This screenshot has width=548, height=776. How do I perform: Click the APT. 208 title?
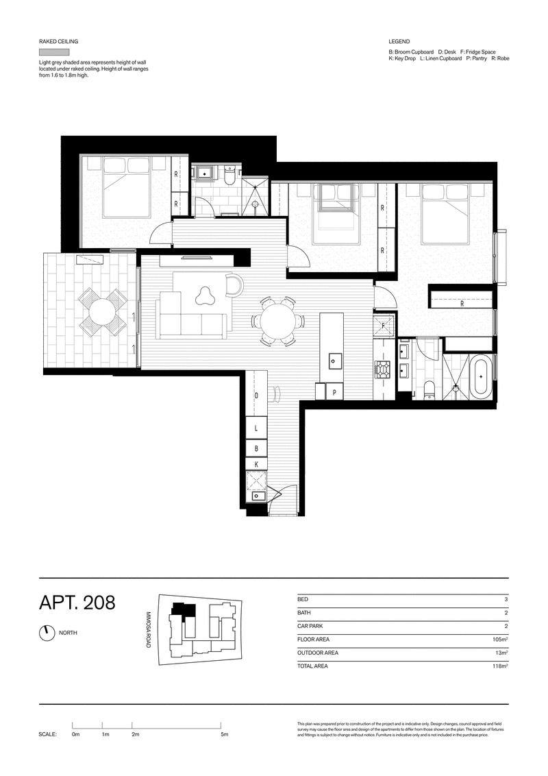(77, 603)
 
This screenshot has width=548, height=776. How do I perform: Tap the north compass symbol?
(47, 633)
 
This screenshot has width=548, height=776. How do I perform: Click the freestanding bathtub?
(482, 376)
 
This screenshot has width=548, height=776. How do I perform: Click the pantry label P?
(334, 392)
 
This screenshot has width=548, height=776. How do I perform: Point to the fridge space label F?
(383, 325)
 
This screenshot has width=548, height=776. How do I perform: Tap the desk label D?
(256, 396)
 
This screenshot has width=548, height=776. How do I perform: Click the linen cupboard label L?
(256, 427)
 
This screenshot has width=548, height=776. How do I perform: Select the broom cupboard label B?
(256, 448)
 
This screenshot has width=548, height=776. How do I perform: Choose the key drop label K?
(256, 464)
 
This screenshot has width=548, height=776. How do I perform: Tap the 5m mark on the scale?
(224, 734)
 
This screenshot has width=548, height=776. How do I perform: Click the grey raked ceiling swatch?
(54, 52)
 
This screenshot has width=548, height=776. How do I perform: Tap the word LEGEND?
(399, 42)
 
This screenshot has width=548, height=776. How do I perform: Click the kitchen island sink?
(334, 359)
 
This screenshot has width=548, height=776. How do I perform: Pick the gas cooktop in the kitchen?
(382, 370)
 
